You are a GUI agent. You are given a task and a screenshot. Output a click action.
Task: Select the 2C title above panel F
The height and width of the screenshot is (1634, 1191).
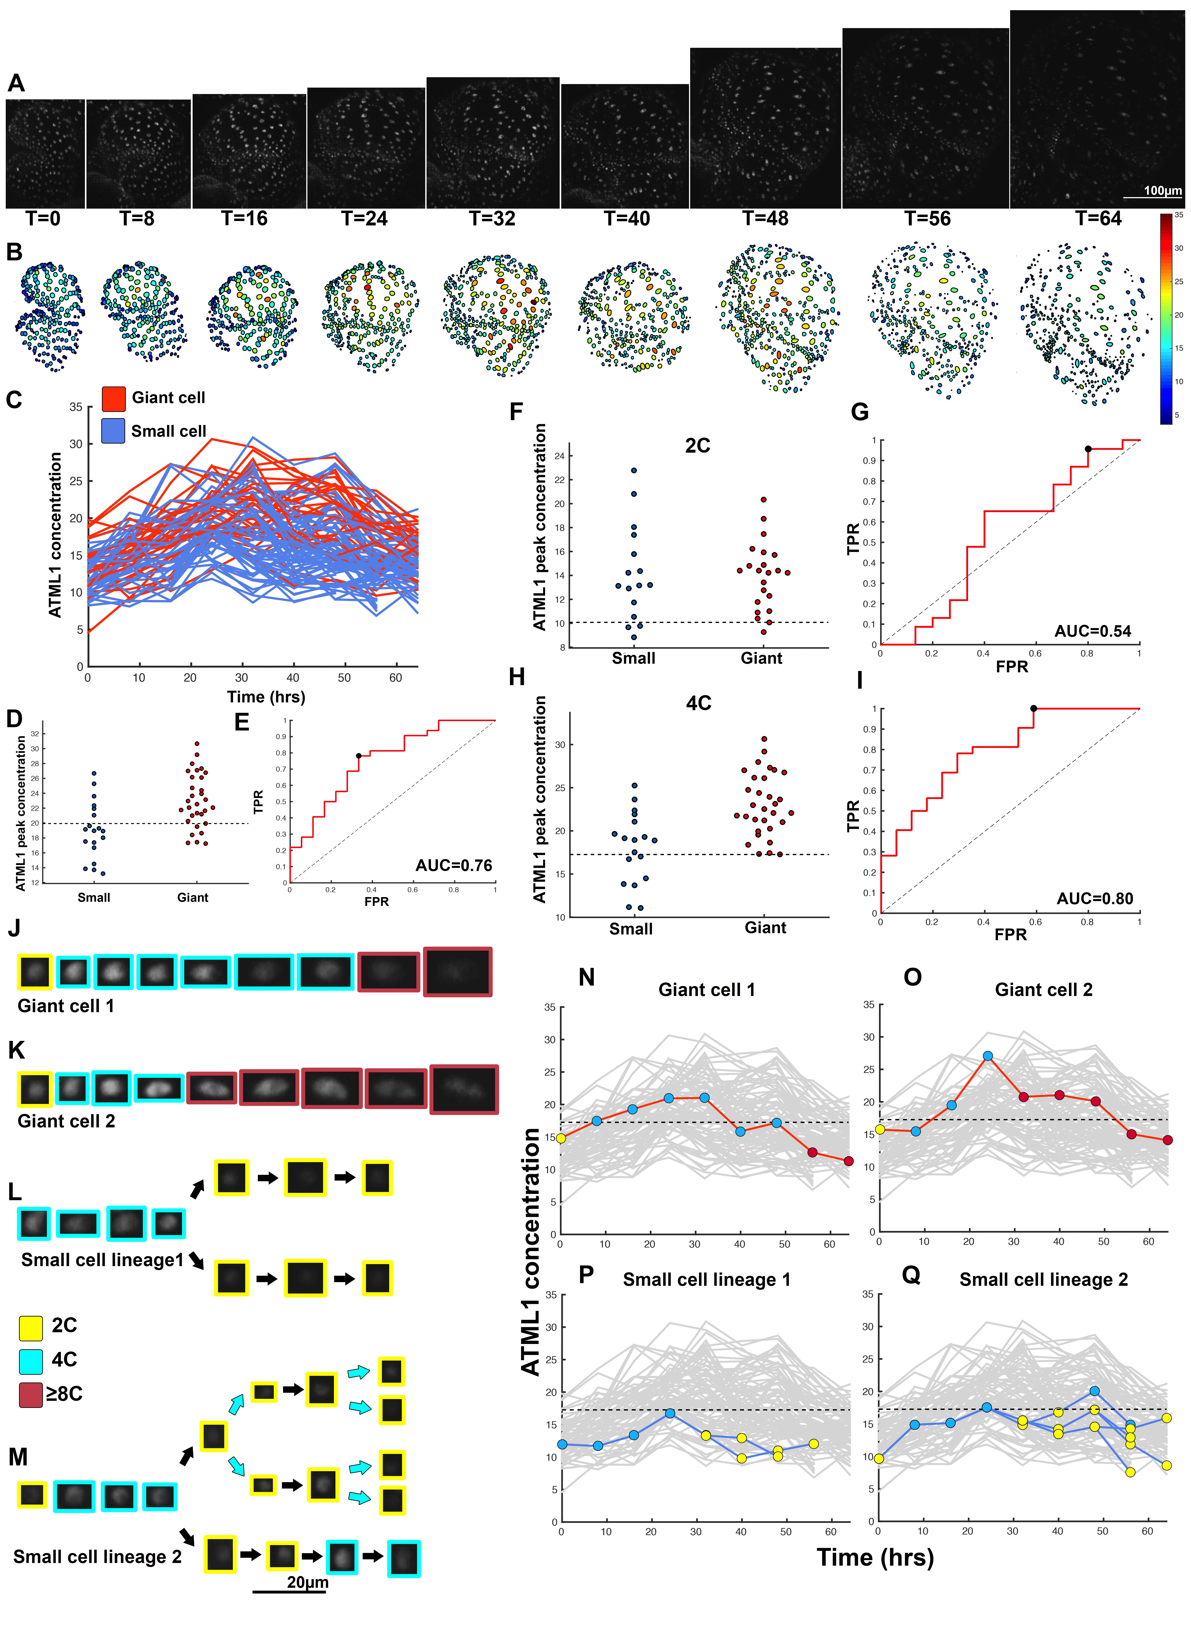pos(697,446)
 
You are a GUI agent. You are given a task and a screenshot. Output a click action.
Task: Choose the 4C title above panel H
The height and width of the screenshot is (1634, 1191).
pos(698,703)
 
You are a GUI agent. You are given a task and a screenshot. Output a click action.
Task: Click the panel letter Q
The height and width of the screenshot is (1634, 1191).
pos(911,1275)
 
